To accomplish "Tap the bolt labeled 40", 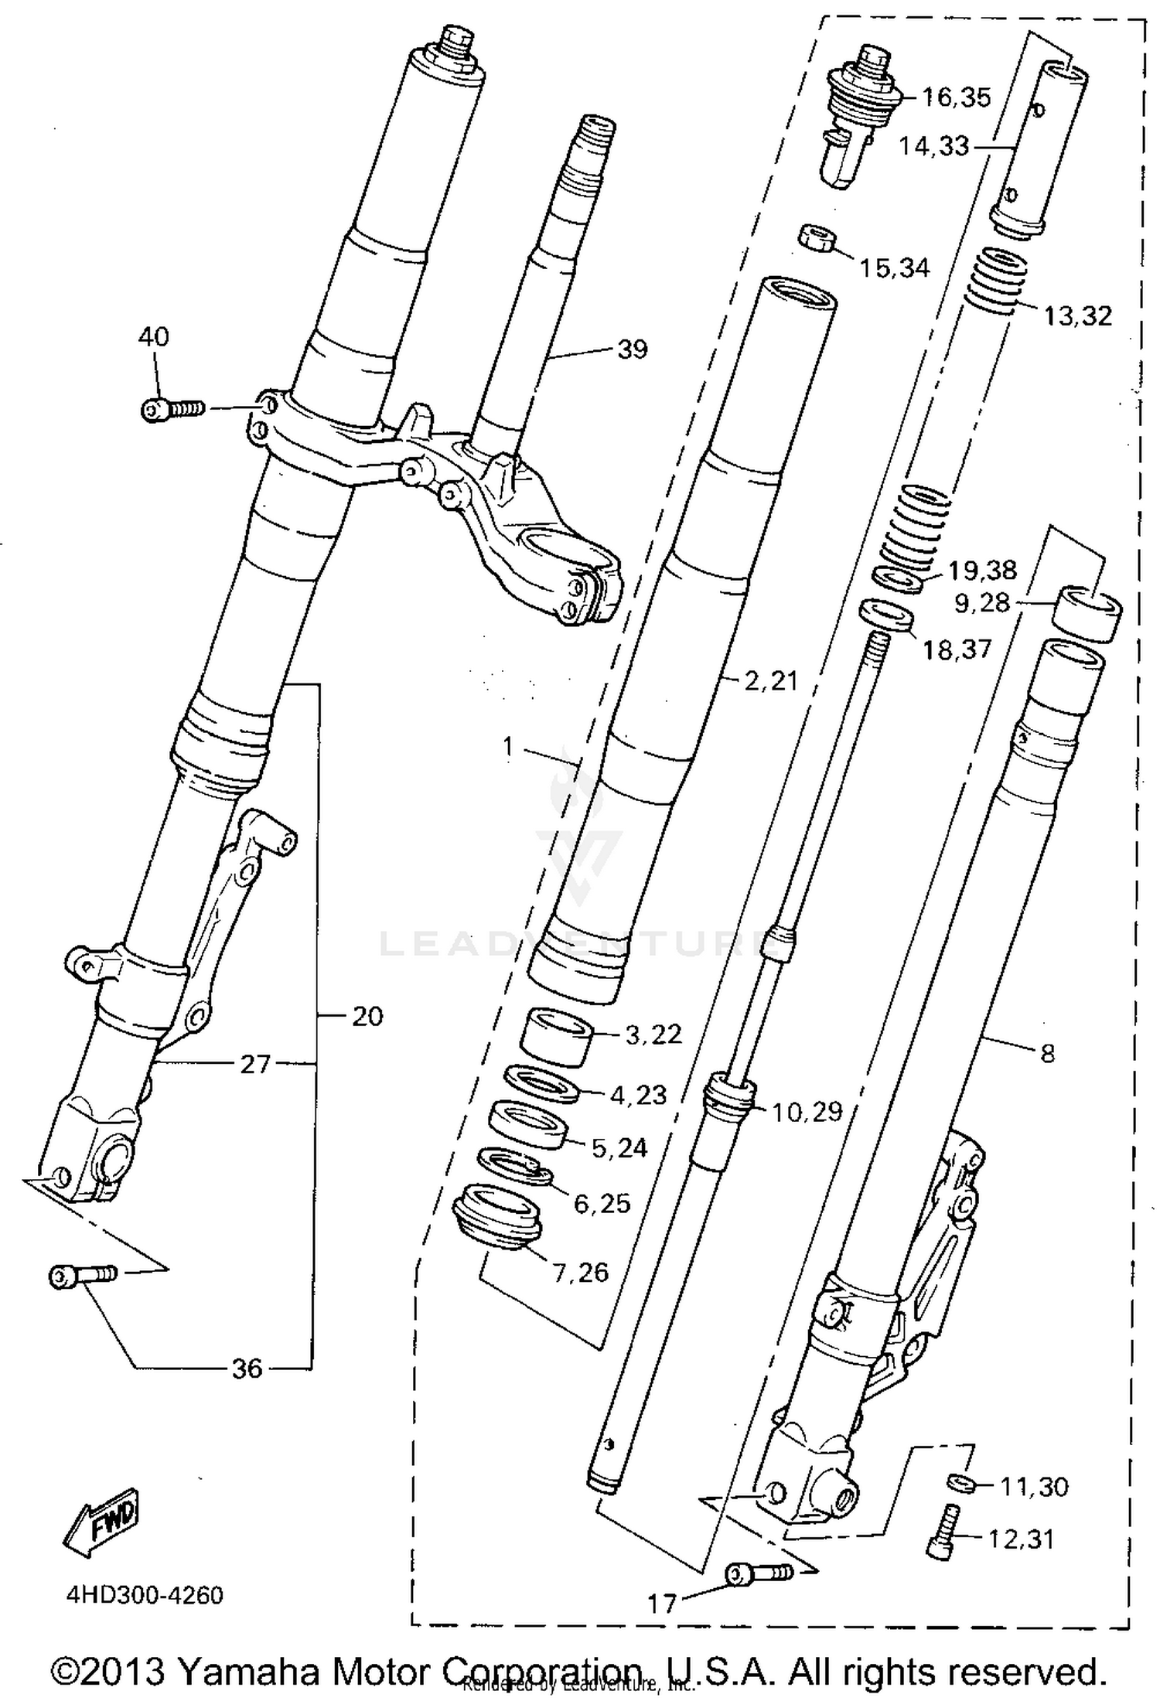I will coord(172,408).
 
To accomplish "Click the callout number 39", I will coord(632,349).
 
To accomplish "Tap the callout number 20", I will coord(367,1016).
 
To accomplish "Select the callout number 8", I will coord(1047,1053).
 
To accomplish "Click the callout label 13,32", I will coord(1077,316).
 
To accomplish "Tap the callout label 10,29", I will coord(807,1112).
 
